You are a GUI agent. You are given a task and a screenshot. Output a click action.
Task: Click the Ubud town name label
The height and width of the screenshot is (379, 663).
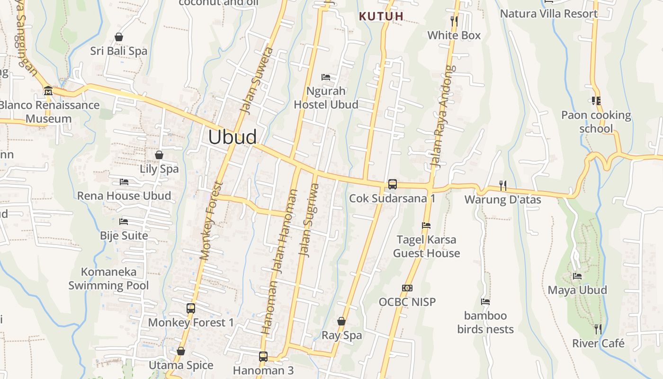pos(233,137)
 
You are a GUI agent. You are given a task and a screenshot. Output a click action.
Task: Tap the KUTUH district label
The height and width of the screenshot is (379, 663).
pos(381,16)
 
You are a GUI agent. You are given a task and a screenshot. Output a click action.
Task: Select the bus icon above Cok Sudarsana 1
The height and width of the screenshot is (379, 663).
pos(392,184)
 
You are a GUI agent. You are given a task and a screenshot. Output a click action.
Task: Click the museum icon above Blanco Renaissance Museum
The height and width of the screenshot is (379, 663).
pos(48,90)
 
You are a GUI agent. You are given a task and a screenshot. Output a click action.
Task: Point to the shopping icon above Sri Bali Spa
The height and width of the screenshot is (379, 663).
pos(119,37)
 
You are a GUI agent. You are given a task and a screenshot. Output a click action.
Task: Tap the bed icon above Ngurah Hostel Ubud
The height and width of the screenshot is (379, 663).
pos(326,77)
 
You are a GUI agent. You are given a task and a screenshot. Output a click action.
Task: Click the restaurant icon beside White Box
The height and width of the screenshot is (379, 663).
pos(454,21)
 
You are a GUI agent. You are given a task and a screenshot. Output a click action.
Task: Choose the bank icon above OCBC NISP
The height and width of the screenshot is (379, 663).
pos(407,288)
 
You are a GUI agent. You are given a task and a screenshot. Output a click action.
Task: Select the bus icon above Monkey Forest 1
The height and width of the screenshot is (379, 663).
pos(191,308)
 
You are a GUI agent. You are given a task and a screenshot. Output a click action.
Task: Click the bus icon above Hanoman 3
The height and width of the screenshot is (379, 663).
pos(263,356)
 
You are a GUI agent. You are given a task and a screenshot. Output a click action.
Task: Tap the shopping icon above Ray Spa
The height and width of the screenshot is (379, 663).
pos(341,321)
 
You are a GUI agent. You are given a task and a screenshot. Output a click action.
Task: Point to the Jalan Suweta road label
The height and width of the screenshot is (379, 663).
pos(256,80)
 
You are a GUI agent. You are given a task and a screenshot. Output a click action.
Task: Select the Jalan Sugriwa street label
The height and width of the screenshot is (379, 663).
pos(309,220)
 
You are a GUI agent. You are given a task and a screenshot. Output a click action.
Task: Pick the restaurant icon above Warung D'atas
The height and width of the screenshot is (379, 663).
pos(502,185)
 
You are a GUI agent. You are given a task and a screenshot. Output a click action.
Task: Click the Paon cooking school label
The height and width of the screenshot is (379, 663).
pos(596,122)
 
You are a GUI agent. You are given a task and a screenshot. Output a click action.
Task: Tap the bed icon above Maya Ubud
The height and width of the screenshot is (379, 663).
pos(577,276)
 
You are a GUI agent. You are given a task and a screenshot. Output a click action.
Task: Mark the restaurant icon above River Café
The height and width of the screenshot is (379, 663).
pos(598,329)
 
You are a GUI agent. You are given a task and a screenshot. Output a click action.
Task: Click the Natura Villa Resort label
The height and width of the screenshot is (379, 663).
pos(549,14)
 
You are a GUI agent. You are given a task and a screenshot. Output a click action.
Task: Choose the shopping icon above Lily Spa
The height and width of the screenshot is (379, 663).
pos(159,155)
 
